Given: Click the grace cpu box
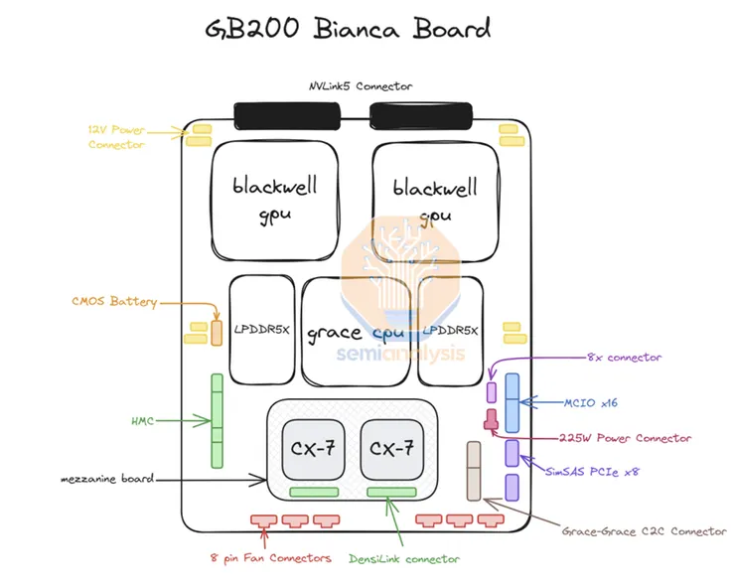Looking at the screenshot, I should (x=356, y=332).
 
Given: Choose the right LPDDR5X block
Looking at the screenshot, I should (x=451, y=331).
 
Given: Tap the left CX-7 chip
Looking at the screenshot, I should (x=312, y=447).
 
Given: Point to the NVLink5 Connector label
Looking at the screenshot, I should (x=360, y=86).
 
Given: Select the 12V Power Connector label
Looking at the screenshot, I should (x=116, y=136).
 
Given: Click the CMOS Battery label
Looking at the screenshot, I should (x=112, y=301).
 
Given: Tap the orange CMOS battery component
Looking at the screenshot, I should (x=216, y=332).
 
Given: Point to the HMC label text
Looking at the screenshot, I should (x=144, y=421).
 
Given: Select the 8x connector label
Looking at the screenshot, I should (x=623, y=357).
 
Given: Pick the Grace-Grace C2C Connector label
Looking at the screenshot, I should (x=644, y=531).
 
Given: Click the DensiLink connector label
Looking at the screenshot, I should (x=404, y=559).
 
